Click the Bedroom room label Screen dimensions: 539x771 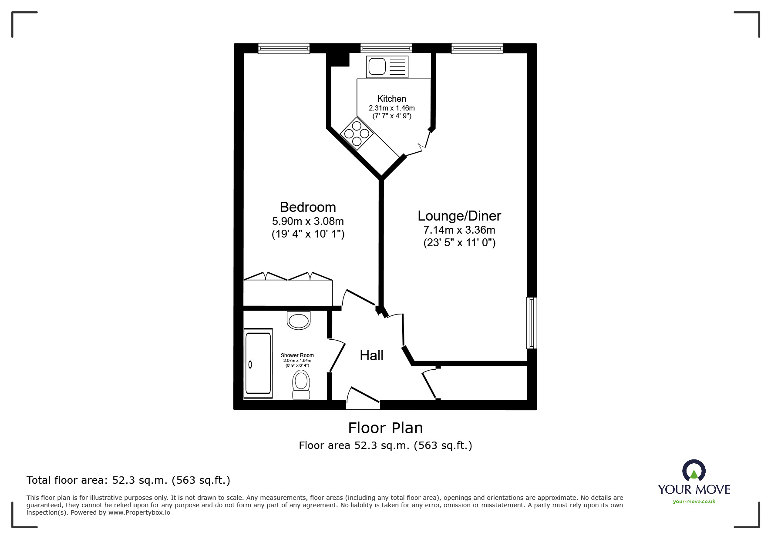[307, 207]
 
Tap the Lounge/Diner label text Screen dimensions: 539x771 [459, 216]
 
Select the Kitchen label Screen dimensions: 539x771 [391, 99]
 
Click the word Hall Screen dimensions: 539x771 [371, 355]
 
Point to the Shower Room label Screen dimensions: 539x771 [297, 355]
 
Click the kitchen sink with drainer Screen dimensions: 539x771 [387, 67]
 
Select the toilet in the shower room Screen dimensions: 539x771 [301, 384]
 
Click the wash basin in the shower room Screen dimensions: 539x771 [299, 321]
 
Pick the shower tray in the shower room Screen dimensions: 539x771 [258, 363]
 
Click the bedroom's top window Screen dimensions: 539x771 [283, 48]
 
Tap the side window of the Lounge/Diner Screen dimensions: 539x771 [531, 323]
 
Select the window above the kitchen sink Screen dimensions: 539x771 [386, 48]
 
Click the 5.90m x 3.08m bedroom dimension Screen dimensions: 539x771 [308, 221]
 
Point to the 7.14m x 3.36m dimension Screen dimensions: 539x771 [459, 230]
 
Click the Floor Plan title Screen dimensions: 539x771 [385, 428]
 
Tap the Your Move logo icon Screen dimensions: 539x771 [694, 470]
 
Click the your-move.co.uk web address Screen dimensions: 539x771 [694, 502]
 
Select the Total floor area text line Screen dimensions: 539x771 [128, 480]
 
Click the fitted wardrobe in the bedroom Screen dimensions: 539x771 [287, 292]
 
